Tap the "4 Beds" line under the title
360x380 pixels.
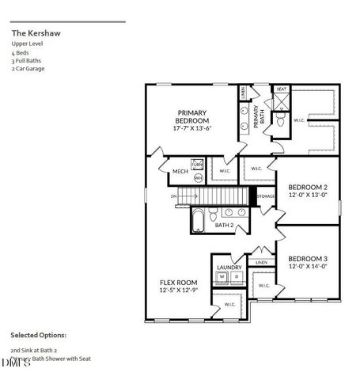pyautogui.click(x=21, y=46)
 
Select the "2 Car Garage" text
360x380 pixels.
pyautogui.click(x=28, y=68)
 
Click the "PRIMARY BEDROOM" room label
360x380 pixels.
pyautogui.click(x=192, y=116)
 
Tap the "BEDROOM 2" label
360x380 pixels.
pyautogui.click(x=308, y=187)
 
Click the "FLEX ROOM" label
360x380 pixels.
pyautogui.click(x=178, y=282)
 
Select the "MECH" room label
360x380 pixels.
pyautogui.click(x=180, y=171)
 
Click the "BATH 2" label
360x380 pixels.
pyautogui.click(x=225, y=225)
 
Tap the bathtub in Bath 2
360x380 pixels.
pyautogui.click(x=198, y=219)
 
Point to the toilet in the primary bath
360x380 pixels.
pyautogui.click(x=279, y=120)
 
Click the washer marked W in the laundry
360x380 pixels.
pyautogui.click(x=222, y=277)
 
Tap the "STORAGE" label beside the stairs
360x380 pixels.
pyautogui.click(x=265, y=196)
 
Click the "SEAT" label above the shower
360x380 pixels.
pyautogui.click(x=281, y=89)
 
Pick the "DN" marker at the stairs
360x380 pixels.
pyautogui.click(x=172, y=196)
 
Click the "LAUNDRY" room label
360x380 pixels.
pyautogui.click(x=229, y=268)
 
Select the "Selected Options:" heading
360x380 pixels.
pyautogui.click(x=38, y=335)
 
